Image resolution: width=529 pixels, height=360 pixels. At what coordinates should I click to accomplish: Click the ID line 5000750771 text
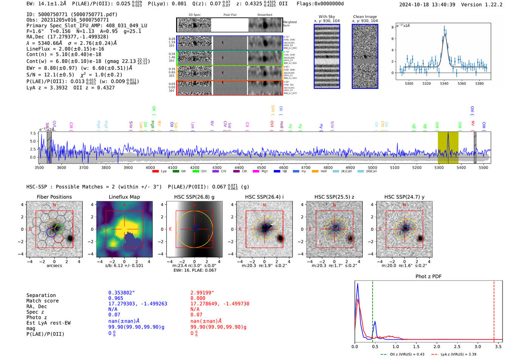[x=72, y=14]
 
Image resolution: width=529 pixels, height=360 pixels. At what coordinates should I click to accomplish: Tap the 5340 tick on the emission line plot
[x=444, y=83]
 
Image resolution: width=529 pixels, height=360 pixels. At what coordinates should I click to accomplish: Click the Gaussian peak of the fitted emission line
[x=445, y=34]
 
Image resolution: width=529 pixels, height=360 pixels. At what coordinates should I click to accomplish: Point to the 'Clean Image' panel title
[x=365, y=17]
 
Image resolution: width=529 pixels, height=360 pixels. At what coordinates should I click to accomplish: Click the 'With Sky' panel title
[x=327, y=17]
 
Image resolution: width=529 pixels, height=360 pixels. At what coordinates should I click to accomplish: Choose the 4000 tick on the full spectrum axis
[x=150, y=167]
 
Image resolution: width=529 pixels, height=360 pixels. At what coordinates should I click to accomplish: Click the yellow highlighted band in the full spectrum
[x=448, y=147]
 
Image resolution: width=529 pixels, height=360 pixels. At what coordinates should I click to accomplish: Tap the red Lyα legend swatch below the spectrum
[x=155, y=172]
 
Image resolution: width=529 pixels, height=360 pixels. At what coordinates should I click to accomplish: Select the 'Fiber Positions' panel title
[x=54, y=197]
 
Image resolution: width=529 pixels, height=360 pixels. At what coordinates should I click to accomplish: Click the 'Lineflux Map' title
[x=124, y=197]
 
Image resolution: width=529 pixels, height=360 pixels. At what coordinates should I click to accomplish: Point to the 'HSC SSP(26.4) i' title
[x=264, y=197]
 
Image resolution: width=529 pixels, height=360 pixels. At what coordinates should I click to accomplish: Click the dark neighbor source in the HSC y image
[x=420, y=238]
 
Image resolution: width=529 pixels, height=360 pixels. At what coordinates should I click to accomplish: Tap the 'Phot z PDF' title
[x=428, y=277]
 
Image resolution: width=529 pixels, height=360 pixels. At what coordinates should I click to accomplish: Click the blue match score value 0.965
[x=116, y=298]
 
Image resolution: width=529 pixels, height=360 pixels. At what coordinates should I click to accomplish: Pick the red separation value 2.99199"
[x=202, y=293]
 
